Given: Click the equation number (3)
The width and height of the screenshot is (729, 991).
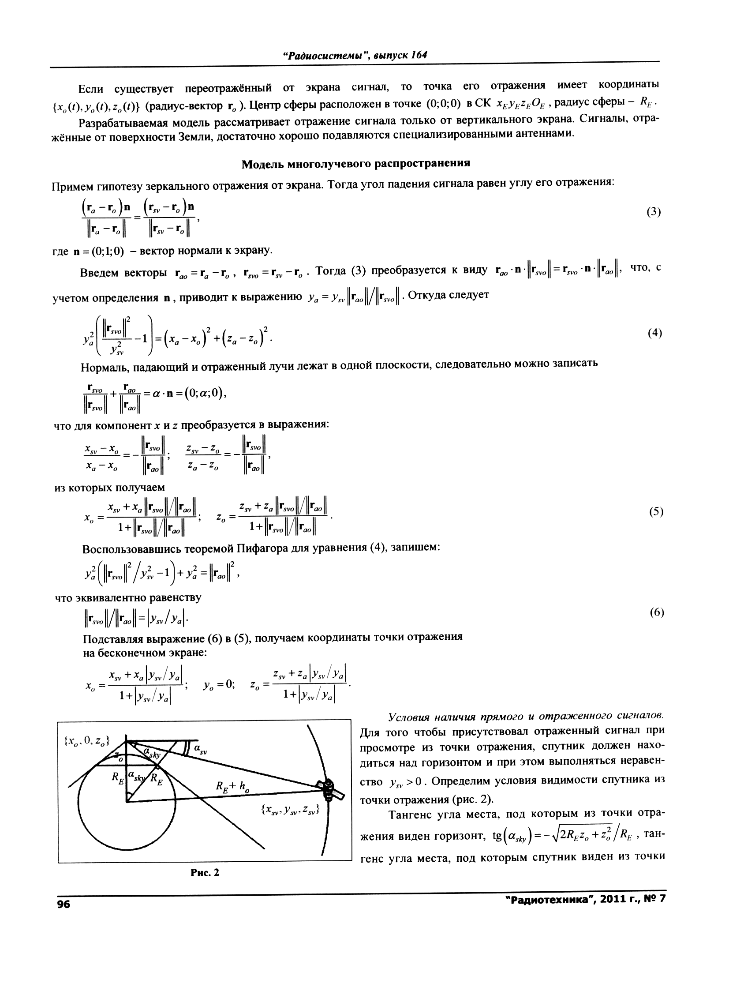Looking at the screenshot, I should [x=654, y=212].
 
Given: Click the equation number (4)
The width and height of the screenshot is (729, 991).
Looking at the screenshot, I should [x=654, y=333].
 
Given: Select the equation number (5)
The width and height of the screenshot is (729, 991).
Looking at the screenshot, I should [x=656, y=512].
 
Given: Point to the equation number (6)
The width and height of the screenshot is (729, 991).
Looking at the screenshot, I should [x=657, y=612].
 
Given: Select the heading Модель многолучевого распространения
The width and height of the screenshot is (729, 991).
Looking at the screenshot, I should [x=355, y=164].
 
